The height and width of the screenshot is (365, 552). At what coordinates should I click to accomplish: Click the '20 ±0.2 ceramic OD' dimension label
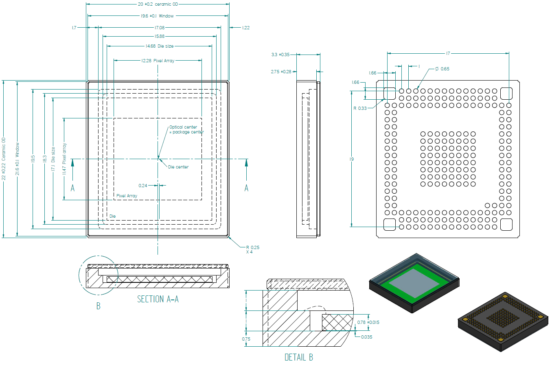click(x=158, y=4)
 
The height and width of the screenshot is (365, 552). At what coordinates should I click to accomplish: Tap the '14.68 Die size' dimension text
click(x=160, y=46)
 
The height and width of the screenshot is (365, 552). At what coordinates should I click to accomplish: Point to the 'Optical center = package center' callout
click(x=186, y=129)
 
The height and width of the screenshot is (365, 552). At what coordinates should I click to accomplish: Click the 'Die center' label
click(x=178, y=167)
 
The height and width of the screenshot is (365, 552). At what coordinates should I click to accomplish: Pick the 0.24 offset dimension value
click(x=143, y=186)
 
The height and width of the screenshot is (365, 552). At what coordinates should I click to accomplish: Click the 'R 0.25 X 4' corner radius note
click(x=252, y=249)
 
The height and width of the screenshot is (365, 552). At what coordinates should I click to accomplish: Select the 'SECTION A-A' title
click(x=158, y=299)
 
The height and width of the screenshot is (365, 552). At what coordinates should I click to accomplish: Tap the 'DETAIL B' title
click(x=299, y=357)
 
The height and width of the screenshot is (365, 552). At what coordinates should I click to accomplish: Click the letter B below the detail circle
click(x=99, y=306)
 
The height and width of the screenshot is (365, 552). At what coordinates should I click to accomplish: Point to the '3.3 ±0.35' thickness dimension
click(x=280, y=55)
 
